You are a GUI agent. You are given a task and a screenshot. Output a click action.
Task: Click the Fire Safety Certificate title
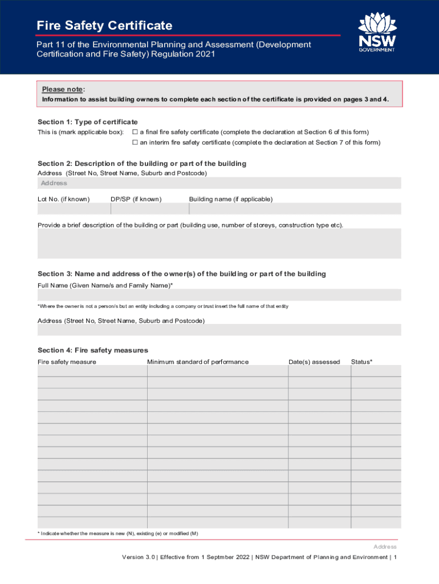pyautogui.click(x=104, y=26)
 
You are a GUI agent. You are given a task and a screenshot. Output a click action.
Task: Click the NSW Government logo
pyautogui.click(x=376, y=32)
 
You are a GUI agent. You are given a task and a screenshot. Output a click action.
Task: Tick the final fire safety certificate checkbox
pyautogui.click(x=135, y=132)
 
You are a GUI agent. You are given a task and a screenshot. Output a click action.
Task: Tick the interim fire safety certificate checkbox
pyautogui.click(x=135, y=143)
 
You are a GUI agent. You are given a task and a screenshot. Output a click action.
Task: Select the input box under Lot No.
pyautogui.click(x=74, y=209)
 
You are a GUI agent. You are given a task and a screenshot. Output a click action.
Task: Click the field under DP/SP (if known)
pyautogui.click(x=149, y=209)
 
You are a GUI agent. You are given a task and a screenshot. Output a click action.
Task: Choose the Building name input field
pyautogui.click(x=295, y=209)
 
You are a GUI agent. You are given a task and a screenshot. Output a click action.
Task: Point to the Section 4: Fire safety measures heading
pyautogui.click(x=93, y=350)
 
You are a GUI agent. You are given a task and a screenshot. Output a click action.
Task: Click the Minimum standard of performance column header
pyautogui.click(x=198, y=362)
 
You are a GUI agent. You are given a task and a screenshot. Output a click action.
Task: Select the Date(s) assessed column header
pyautogui.click(x=314, y=362)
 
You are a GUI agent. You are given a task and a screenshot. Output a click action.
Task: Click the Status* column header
pyautogui.click(x=361, y=362)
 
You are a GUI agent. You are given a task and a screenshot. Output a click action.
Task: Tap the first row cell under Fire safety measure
pyautogui.click(x=92, y=371)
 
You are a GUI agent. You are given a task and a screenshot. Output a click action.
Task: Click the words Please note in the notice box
pyautogui.click(x=63, y=90)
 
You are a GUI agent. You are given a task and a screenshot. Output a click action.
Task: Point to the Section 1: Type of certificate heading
pyautogui.click(x=88, y=122)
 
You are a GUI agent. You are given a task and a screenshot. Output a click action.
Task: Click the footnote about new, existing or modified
pyautogui.click(x=118, y=533)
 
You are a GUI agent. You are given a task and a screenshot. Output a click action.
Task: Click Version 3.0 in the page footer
pyautogui.click(x=138, y=557)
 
